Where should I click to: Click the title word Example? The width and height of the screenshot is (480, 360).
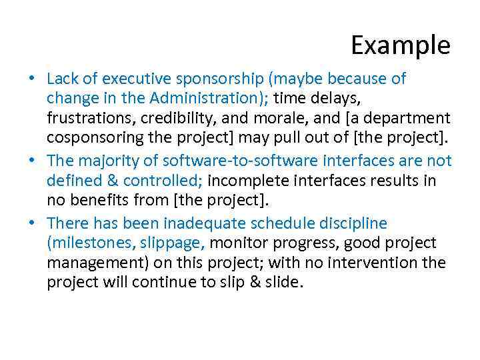coord(401,46)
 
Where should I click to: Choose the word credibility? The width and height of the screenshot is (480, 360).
coord(172,119)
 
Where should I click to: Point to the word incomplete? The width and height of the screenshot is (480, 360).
coord(248,181)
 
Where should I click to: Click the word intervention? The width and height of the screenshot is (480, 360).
coord(370,263)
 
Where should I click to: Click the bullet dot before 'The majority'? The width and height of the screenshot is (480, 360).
coord(33,161)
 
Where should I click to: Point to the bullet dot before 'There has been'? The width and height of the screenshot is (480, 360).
coord(33,223)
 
